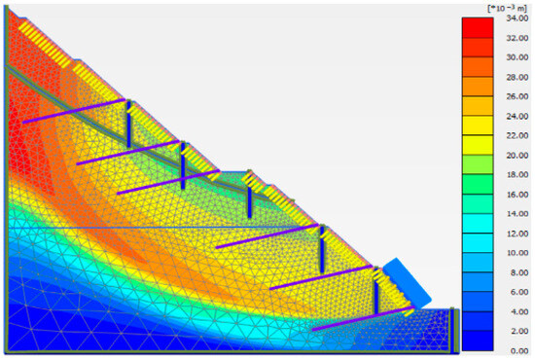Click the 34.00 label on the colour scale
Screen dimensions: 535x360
(x=517, y=18)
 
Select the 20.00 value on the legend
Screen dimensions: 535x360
(x=517, y=156)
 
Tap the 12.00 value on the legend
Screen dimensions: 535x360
(x=517, y=234)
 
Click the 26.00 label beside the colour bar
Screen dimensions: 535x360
(x=517, y=96)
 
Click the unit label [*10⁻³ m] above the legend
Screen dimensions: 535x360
(x=508, y=9)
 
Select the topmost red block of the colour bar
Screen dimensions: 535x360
(x=478, y=27)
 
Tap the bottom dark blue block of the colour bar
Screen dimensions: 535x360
(x=478, y=341)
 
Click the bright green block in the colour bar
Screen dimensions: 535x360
(x=478, y=184)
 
